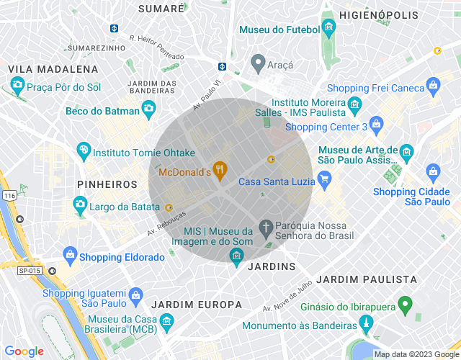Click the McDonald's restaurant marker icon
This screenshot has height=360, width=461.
point(220,171)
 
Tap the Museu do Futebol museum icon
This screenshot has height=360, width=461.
point(329,30)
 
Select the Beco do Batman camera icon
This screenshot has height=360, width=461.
point(148,109)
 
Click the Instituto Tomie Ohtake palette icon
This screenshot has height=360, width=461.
point(84,152)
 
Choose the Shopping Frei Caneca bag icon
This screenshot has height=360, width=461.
point(433,88)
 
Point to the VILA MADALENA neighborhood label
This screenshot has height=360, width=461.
point(53,69)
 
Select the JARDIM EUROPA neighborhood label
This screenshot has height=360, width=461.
point(197,304)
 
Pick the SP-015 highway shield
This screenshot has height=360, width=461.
point(29,269)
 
